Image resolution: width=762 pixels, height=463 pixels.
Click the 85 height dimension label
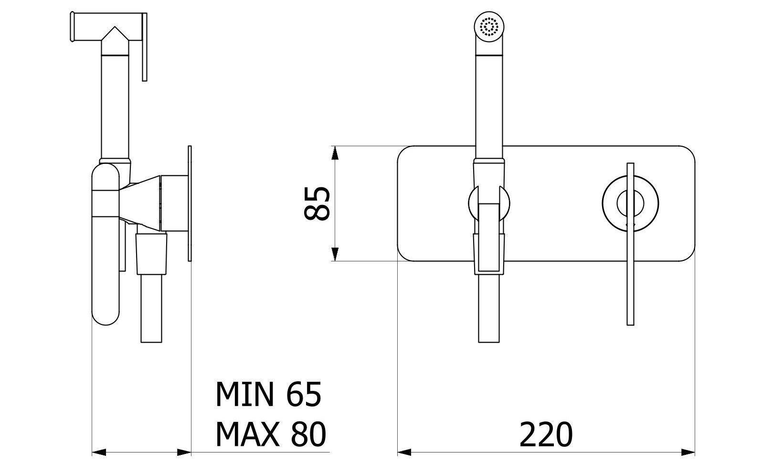pyautogui.click(x=317, y=203)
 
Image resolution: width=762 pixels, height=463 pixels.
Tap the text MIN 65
pyautogui.click(x=268, y=395)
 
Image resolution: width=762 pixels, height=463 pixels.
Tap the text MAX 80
pyautogui.click(x=270, y=434)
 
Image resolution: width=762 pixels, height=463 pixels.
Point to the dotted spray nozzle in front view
pyautogui.click(x=489, y=26)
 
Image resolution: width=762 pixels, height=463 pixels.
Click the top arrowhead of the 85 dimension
pyautogui.click(x=335, y=153)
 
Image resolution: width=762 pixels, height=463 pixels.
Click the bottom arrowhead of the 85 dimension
pyautogui.click(x=335, y=254)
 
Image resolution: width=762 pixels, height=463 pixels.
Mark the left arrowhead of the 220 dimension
pyautogui.click(x=404, y=451)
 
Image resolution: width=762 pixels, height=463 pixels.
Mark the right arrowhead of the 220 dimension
pyautogui.click(x=688, y=451)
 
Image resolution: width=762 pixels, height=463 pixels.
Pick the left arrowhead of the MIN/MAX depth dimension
pyautogui.click(x=98, y=451)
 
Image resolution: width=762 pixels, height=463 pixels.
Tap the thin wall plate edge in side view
pyautogui.click(x=190, y=203)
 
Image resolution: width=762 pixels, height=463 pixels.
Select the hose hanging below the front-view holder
pyautogui.click(x=488, y=308)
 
